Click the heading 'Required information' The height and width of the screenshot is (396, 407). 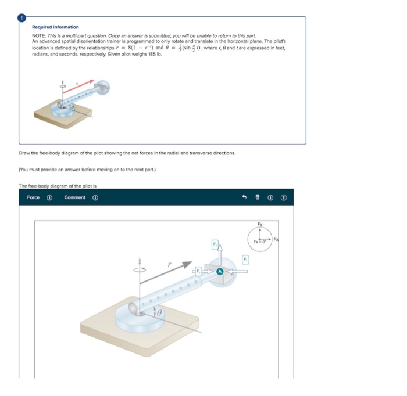pyautogui.click(x=55, y=27)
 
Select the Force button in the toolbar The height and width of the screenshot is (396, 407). pyautogui.click(x=34, y=197)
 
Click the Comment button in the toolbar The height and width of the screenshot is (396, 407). pyautogui.click(x=74, y=197)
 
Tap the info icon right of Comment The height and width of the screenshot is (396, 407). pyautogui.click(x=95, y=197)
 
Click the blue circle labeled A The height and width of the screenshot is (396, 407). pyautogui.click(x=220, y=271)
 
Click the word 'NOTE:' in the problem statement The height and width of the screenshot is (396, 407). pyautogui.click(x=39, y=36)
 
